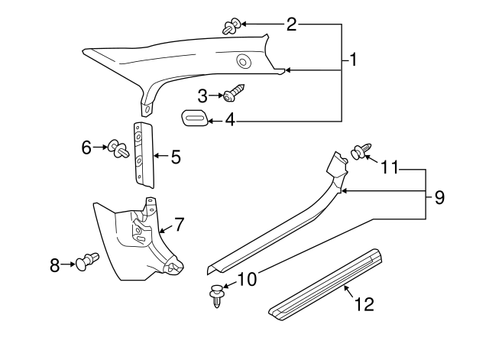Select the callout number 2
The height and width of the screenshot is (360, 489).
291,24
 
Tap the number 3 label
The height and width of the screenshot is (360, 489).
202,96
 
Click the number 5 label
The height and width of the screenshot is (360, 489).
176,157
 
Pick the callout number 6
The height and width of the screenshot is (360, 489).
86,145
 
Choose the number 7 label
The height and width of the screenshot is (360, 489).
179,224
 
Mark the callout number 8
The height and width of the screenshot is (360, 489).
55,265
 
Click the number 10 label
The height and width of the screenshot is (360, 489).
248,281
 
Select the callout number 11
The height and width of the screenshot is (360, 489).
390,167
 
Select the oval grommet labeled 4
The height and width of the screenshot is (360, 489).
194,118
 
